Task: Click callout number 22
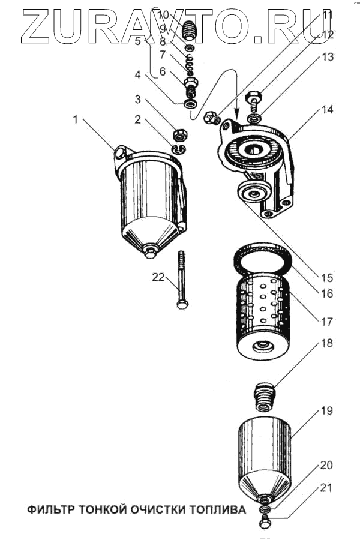(x=158, y=278)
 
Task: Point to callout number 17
(x=326, y=322)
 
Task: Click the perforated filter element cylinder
(x=262, y=312)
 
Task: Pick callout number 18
(x=326, y=344)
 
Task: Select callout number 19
(x=326, y=411)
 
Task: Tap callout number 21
(x=325, y=488)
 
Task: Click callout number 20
(x=326, y=465)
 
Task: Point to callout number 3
(x=138, y=99)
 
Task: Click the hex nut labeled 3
(x=179, y=134)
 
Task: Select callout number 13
(x=326, y=58)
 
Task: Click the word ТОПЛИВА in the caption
(x=218, y=510)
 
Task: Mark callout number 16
(x=326, y=294)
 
